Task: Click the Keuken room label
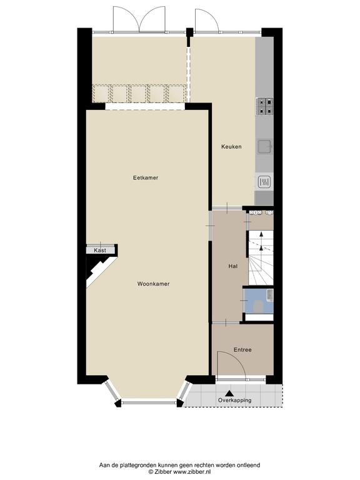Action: tap(231, 147)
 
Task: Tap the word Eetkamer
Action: tap(146, 177)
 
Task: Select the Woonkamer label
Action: tap(153, 284)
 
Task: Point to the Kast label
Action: tap(100, 251)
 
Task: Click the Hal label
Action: tap(233, 266)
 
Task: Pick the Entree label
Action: tap(242, 349)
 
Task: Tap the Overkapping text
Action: tap(234, 400)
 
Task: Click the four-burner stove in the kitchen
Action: tap(264, 106)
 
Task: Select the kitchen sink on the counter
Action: tap(265, 147)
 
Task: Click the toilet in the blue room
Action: tap(259, 306)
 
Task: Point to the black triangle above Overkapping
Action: tap(229, 393)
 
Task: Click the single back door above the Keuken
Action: tap(207, 20)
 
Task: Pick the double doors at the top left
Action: tap(139, 19)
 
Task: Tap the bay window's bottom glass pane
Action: tap(149, 402)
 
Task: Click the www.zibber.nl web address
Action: tap(192, 472)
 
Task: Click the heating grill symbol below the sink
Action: tap(264, 182)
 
